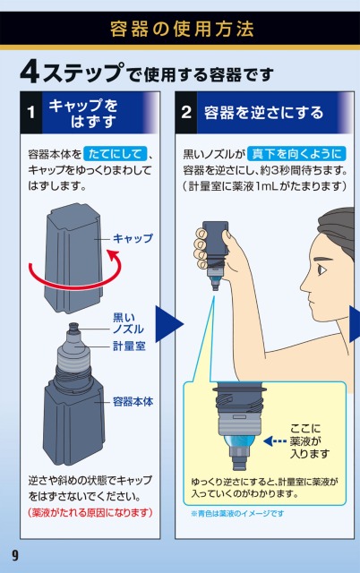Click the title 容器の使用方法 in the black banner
tap(182, 29)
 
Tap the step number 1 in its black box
tap(31, 112)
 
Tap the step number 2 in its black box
tap(186, 112)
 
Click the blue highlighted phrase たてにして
tap(116, 153)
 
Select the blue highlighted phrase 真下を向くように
tap(296, 153)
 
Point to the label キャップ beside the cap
tap(133, 238)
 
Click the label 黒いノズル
tap(128, 323)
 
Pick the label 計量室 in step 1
tap(129, 346)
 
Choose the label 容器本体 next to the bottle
tap(133, 402)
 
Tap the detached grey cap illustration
tap(73, 258)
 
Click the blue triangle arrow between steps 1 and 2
tap(168, 324)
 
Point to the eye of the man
tap(322, 270)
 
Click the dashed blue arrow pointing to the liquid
tap(275, 441)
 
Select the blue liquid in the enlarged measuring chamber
tap(239, 441)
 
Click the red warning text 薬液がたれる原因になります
tap(90, 512)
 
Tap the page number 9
tap(15, 555)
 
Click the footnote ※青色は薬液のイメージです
tap(237, 513)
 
